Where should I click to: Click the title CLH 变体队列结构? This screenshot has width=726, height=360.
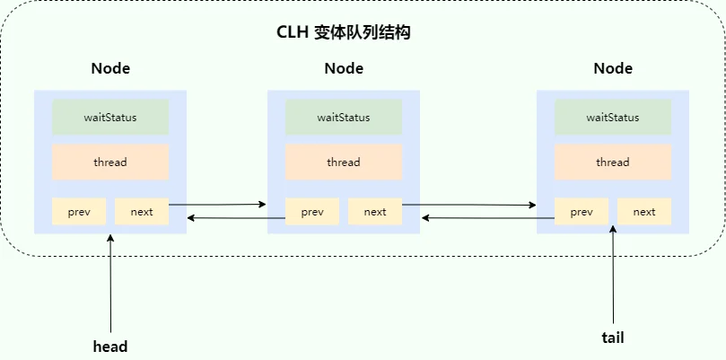[344, 33]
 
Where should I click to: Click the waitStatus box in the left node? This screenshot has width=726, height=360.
[110, 118]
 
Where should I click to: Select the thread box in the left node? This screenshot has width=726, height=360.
[110, 162]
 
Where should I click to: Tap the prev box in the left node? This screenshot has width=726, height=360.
[79, 212]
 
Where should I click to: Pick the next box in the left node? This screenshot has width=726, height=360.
[142, 212]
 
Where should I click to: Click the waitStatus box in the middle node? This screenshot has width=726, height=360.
[344, 118]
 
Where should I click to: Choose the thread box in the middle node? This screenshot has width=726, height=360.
[344, 162]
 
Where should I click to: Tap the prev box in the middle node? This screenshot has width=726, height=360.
[312, 212]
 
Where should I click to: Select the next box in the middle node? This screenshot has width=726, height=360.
[375, 212]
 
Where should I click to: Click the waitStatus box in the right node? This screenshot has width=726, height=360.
[613, 118]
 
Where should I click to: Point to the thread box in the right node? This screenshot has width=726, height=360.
[613, 162]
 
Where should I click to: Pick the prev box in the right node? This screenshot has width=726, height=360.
[582, 212]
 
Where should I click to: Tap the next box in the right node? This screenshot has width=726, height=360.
[644, 212]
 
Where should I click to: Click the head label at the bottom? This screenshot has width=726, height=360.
[110, 347]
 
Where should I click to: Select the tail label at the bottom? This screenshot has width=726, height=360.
[613, 338]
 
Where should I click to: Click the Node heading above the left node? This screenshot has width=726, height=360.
[110, 68]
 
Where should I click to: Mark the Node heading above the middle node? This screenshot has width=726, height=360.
[344, 68]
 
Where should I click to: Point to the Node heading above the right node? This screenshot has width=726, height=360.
[613, 68]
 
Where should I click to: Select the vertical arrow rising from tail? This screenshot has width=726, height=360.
[613, 274]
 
